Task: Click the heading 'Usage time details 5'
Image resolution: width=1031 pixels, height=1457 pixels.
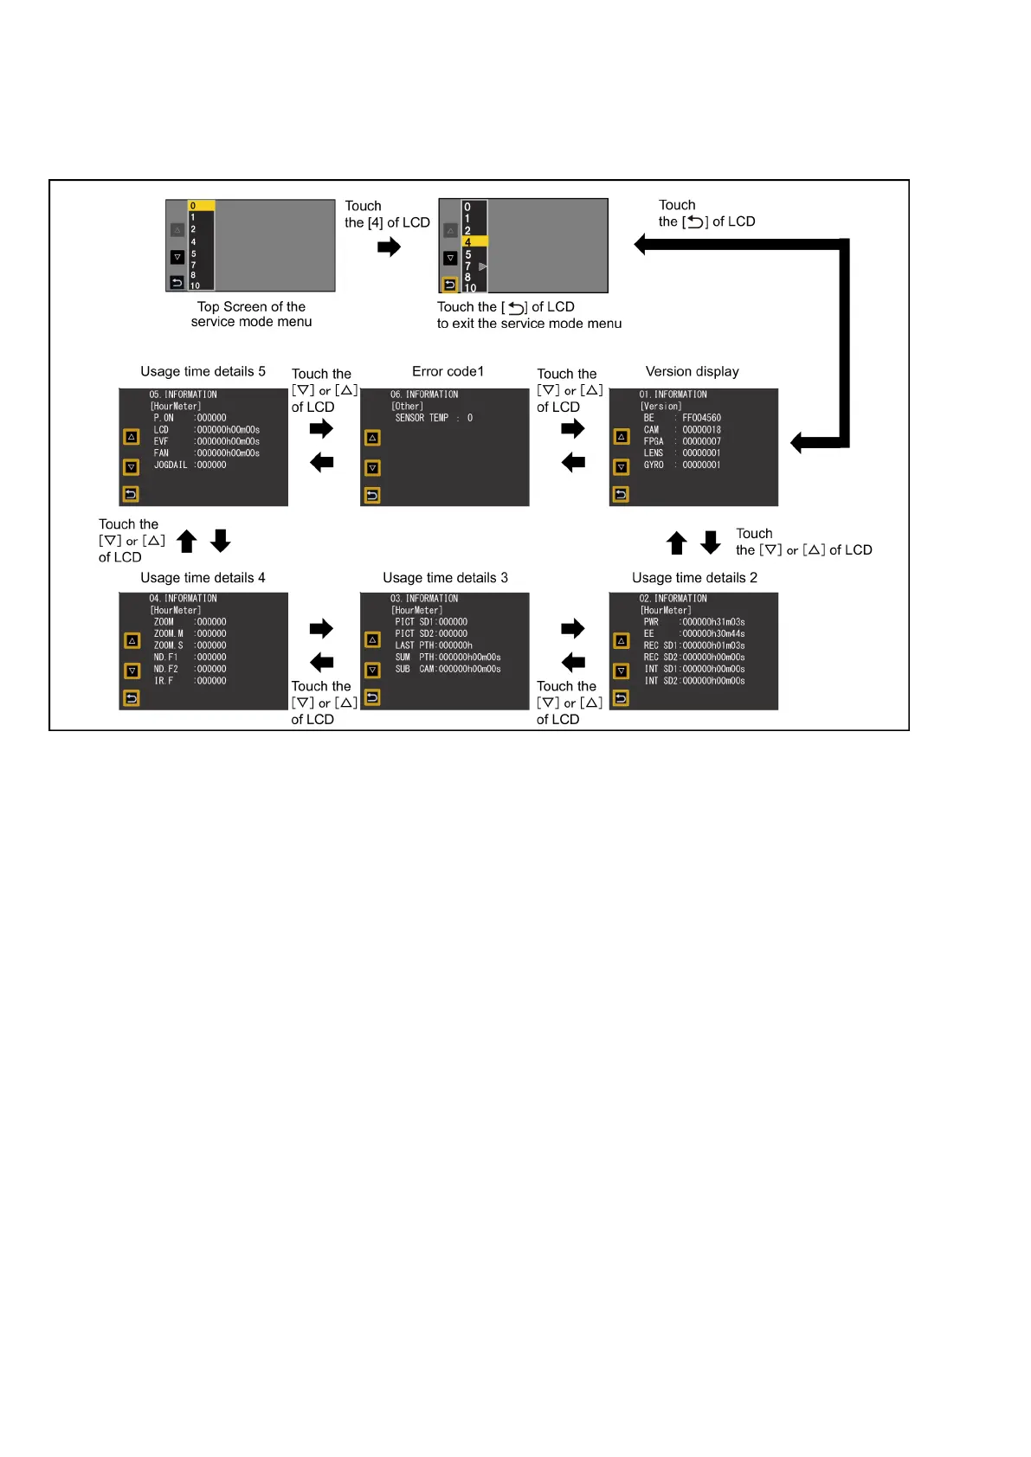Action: click(x=203, y=371)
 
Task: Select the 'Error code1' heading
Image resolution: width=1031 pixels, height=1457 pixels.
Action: click(x=448, y=371)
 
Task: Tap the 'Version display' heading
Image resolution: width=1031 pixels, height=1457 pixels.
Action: click(x=692, y=371)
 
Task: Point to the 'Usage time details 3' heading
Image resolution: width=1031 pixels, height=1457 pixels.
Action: click(x=445, y=577)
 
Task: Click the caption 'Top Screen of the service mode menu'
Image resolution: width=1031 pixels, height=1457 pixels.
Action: click(x=251, y=314)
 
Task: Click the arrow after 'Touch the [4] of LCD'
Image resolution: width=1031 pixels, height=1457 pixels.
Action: click(x=389, y=247)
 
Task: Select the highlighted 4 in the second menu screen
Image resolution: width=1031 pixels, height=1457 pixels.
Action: click(x=474, y=242)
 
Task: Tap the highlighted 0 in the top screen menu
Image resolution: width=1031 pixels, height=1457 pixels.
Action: click(x=201, y=206)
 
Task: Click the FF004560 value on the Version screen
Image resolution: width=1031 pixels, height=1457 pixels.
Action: click(x=701, y=418)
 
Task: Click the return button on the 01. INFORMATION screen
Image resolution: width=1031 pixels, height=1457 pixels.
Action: click(x=621, y=494)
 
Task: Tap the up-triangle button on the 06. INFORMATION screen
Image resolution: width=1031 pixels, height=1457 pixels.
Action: click(x=372, y=438)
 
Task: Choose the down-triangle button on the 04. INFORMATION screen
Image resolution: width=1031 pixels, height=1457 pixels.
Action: click(x=132, y=671)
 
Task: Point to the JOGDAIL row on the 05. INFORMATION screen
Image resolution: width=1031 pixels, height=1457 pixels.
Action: click(x=190, y=465)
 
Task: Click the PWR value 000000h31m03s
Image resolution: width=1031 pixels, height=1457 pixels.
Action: click(x=712, y=622)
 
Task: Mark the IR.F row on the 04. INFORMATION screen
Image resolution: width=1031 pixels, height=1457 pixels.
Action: click(x=190, y=681)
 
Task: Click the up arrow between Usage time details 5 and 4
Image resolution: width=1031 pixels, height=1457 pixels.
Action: click(x=187, y=542)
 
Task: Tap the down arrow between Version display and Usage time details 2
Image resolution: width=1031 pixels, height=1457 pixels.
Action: click(x=711, y=542)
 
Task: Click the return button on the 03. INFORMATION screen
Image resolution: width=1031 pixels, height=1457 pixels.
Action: click(x=372, y=696)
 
